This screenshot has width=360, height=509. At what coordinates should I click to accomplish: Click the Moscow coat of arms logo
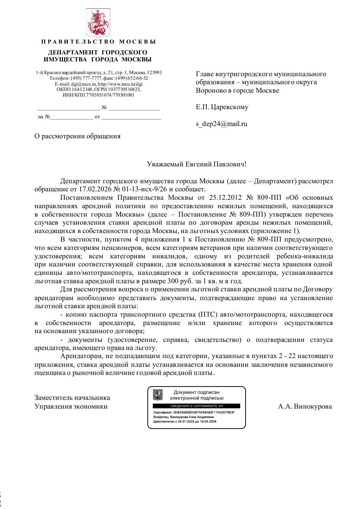coord(98,23)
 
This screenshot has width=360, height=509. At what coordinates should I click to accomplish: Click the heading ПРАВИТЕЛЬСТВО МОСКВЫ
coord(98,42)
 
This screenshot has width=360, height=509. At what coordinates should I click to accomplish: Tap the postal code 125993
coord(154,73)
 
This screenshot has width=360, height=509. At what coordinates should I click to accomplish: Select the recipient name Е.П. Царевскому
coord(222,107)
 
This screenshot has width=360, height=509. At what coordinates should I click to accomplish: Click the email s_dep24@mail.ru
coord(221,124)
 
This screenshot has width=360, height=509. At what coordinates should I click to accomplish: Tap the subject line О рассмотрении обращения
coord(77,136)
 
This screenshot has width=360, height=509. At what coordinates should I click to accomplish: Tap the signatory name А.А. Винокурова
coord(305,406)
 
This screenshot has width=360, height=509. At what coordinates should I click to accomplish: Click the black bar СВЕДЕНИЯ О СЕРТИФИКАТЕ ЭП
coord(196,406)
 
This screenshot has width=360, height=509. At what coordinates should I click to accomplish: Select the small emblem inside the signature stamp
coord(158,395)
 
